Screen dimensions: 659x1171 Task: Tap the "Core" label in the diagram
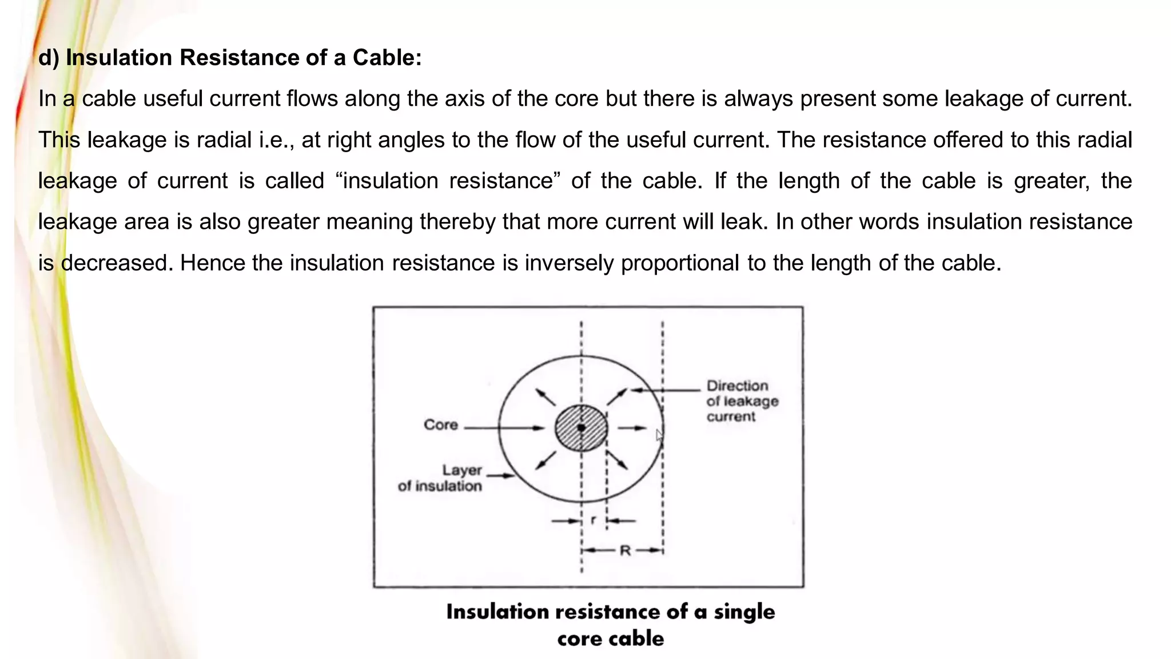[x=441, y=425]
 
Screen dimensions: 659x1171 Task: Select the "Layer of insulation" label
[x=440, y=478]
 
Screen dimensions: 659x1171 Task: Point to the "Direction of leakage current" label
[x=742, y=401]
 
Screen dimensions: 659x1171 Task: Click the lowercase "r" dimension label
[x=594, y=520]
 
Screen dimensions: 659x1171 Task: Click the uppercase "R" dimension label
[x=625, y=551]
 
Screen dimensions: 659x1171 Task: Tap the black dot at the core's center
[x=581, y=428]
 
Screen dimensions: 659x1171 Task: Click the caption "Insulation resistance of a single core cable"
[x=611, y=625]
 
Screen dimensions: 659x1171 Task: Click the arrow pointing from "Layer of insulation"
[x=501, y=475]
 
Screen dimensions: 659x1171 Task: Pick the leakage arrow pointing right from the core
[x=632, y=428]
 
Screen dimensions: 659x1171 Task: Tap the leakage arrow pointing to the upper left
[x=545, y=397]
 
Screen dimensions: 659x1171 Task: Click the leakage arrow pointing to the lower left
[x=546, y=460]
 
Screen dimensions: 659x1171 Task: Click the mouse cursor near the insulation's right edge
[x=659, y=435]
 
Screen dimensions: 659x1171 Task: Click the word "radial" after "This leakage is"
[x=224, y=140]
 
